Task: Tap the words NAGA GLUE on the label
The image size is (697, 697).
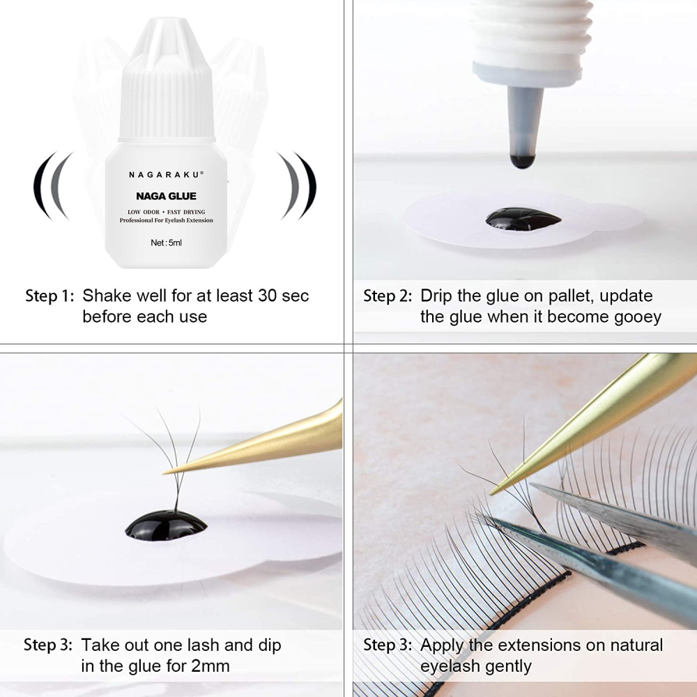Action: pyautogui.click(x=166, y=197)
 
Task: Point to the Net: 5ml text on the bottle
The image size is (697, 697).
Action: pyautogui.click(x=166, y=243)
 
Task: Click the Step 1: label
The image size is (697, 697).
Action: pyautogui.click(x=49, y=296)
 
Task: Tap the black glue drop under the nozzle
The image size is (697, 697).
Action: pyautogui.click(x=523, y=219)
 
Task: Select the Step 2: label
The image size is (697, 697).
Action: pyautogui.click(x=388, y=296)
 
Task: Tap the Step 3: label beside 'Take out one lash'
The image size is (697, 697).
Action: pyautogui.click(x=48, y=645)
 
